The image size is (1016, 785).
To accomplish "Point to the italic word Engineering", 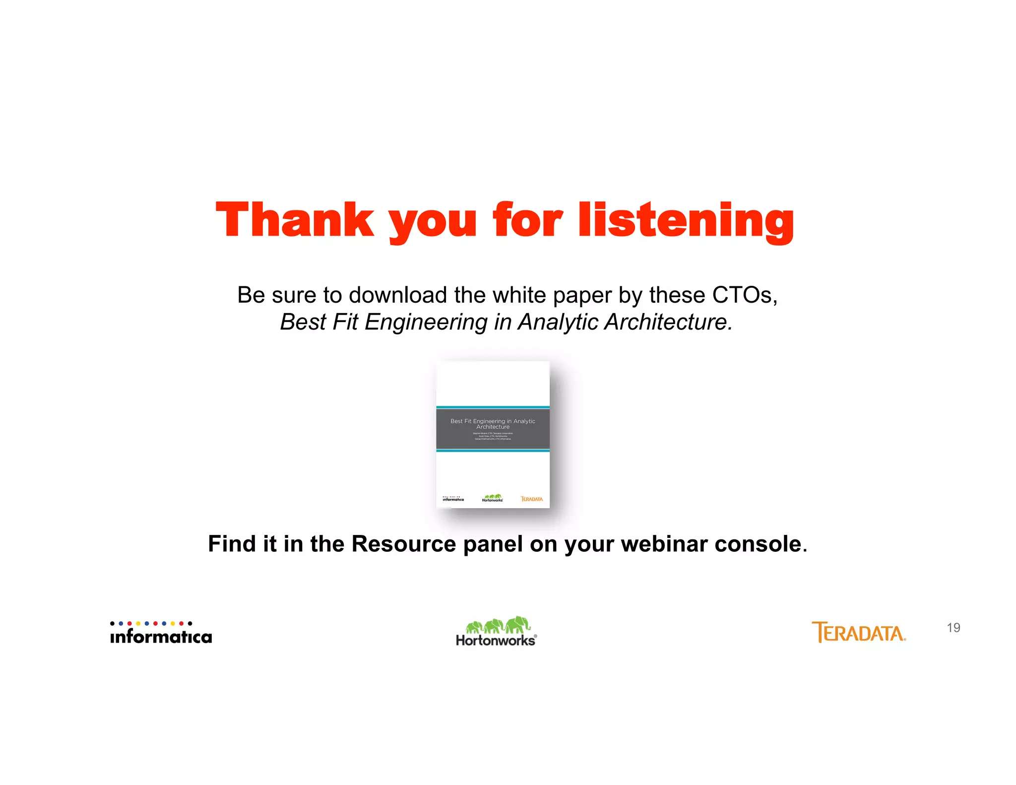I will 426,322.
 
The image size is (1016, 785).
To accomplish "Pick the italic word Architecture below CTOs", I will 667,322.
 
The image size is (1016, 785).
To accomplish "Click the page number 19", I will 953,628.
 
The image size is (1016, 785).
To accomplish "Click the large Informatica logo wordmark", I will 161,637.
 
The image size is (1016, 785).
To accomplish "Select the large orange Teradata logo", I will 858,633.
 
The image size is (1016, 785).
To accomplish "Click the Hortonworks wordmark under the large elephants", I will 495,641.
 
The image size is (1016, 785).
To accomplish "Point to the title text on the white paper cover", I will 493,424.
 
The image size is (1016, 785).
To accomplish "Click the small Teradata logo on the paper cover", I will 531,499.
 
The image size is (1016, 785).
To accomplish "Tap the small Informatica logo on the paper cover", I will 453,499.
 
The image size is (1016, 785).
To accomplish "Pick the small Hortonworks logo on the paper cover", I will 492,498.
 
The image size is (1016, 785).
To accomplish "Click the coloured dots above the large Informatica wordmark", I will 151,623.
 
